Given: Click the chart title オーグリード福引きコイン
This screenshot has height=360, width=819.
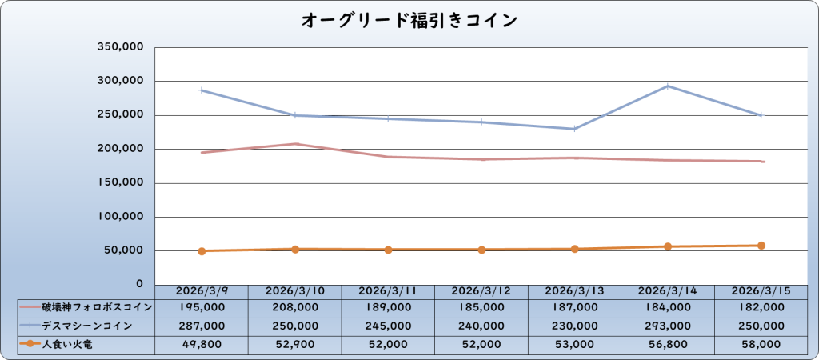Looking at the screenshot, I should pos(409,20).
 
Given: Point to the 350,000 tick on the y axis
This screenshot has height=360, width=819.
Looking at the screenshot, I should pos(120,47).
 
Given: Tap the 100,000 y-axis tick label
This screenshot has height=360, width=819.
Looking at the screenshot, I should pos(120,217).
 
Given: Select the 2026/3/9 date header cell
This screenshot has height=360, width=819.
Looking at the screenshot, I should pos(202,291).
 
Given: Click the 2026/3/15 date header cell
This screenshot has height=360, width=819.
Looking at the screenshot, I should pos(760,291).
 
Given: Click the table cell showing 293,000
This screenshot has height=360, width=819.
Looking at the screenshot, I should pos(667,326).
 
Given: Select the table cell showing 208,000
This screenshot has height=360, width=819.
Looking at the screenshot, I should pos(295,306).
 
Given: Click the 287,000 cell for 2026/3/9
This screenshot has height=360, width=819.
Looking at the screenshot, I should pos(202,326).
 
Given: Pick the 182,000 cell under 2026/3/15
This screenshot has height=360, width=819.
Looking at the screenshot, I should pos(760,306).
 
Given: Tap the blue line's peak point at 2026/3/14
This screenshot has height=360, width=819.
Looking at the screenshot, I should pos(667,86).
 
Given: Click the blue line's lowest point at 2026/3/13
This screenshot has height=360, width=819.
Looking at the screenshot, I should pos(574,129).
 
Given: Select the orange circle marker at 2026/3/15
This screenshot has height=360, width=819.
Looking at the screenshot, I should pos(761,246).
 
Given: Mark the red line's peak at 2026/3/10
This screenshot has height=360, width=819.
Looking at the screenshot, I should pos(295,144).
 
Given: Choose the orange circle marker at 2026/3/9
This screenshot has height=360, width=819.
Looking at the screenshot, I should pos(202,251).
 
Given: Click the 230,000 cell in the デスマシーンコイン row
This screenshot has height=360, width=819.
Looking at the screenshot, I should pos(574,326).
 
